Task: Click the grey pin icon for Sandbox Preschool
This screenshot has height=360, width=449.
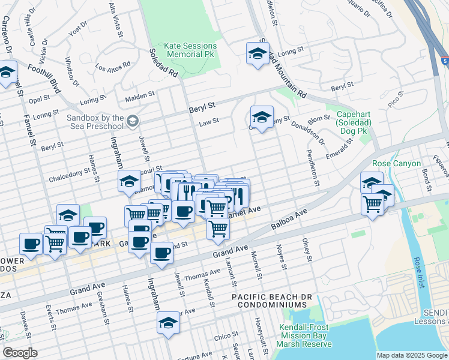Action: pos(133,122)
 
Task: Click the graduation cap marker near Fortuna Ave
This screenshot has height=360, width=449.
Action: pos(168,322)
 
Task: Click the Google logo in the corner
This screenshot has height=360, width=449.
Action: pos(20,353)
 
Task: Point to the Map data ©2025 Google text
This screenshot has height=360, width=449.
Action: pos(412,355)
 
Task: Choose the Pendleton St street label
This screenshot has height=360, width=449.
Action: pos(313,167)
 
